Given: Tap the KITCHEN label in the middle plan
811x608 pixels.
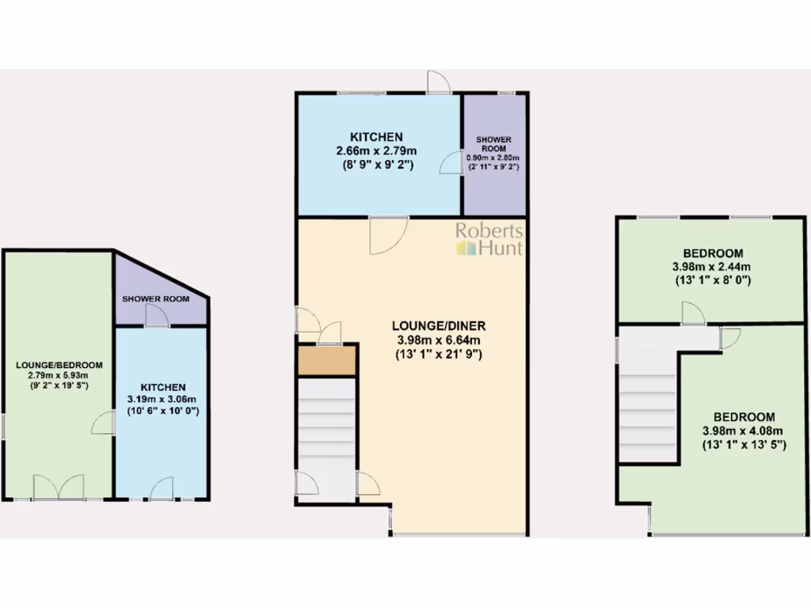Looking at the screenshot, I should click(x=377, y=136).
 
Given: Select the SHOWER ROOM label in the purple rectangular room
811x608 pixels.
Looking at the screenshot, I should click(x=494, y=144).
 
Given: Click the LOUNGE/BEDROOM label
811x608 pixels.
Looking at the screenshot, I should click(x=59, y=364).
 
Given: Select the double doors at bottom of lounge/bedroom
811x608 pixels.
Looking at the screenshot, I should click(x=59, y=487).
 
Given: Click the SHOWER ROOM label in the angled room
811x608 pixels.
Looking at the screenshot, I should click(x=155, y=298).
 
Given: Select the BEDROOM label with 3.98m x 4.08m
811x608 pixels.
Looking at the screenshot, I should click(x=743, y=417).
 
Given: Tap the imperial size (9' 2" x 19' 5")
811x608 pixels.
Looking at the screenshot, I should click(x=59, y=385).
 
